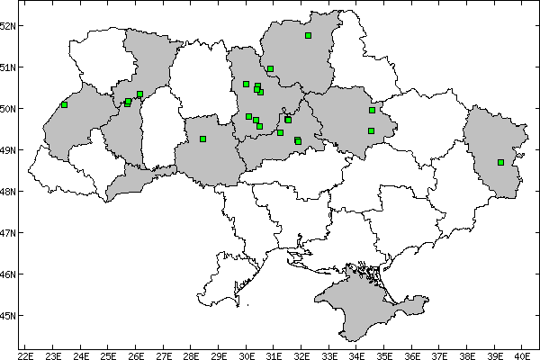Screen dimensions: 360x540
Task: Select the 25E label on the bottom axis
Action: pyautogui.click(x=108, y=355)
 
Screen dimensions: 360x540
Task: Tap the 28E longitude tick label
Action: pyautogui.click(x=191, y=355)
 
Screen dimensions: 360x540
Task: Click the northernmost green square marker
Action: pyautogui.click(x=308, y=36)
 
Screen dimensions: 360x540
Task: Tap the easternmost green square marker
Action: pyautogui.click(x=500, y=163)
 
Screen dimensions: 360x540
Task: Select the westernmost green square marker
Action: pyautogui.click(x=64, y=104)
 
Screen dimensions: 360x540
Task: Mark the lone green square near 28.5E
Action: pyautogui.click(x=202, y=139)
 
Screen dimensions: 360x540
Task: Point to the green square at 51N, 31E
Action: pyautogui.click(x=270, y=68)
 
